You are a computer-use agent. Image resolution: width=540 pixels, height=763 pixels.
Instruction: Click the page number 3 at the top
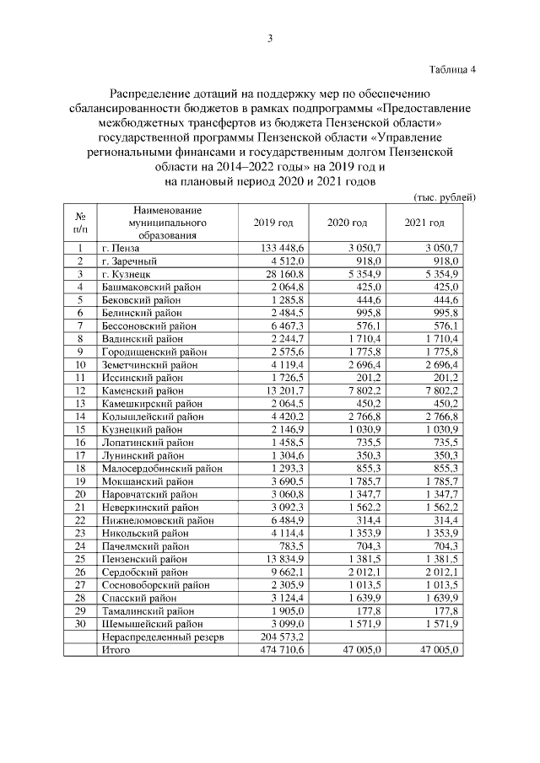coord(270,39)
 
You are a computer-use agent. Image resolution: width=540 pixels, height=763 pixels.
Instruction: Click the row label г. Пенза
coord(120,248)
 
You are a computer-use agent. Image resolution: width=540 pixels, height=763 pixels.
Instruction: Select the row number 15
coord(80,429)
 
